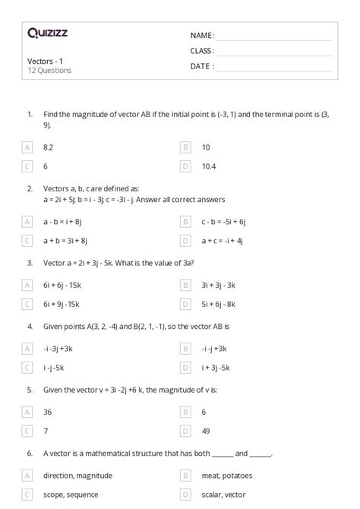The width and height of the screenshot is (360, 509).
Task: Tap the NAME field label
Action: tap(202, 35)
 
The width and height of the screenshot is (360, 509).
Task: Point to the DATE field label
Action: tap(202, 65)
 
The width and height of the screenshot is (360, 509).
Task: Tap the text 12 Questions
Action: tap(49, 71)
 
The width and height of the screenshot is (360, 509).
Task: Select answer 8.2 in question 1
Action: tap(49, 147)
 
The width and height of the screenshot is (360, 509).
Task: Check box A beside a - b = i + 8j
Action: tap(28, 222)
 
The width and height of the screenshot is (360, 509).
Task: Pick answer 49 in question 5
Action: tap(206, 429)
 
